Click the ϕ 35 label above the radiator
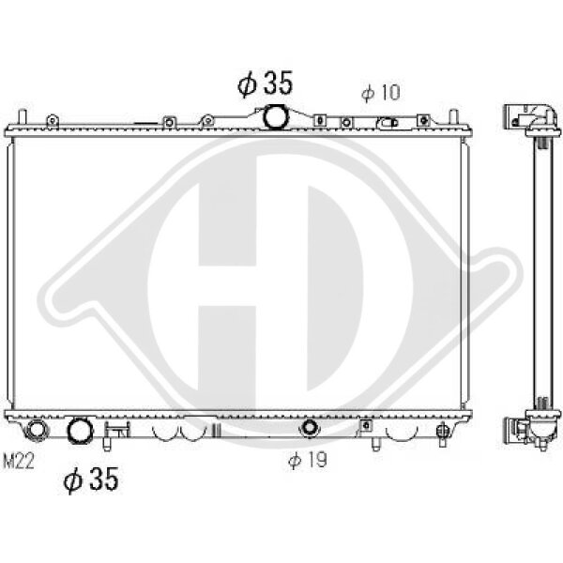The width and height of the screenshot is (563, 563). coord(265,84)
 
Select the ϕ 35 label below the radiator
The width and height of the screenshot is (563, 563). coord(91,479)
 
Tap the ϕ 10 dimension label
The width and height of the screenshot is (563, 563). coord(381,93)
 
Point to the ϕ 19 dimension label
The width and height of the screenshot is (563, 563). coord(308,460)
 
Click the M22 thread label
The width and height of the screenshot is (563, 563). coord(19,461)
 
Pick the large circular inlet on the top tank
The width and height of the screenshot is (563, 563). coord(276,116)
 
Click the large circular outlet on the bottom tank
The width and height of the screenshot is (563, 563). coord(81,430)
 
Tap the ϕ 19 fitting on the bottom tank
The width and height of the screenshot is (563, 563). coord(309,427)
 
